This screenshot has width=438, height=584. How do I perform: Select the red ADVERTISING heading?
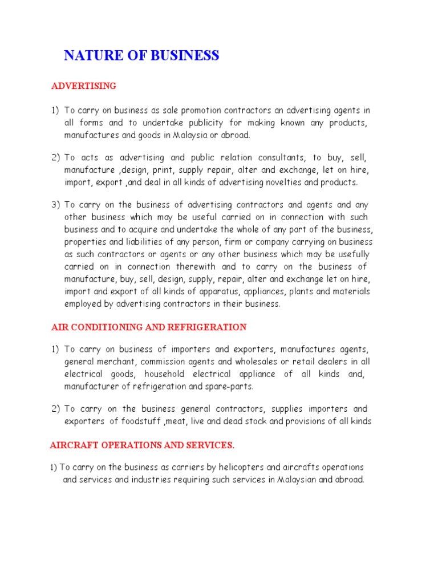coord(84,86)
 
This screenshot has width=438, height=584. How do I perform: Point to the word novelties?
coord(297,182)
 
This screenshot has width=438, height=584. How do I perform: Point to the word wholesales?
coord(259,362)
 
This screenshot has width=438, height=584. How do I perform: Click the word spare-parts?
coord(232,387)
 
